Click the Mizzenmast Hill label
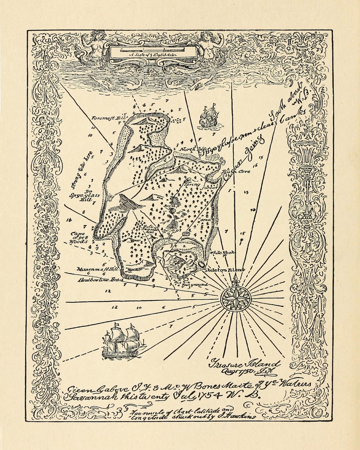pos(98,269)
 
